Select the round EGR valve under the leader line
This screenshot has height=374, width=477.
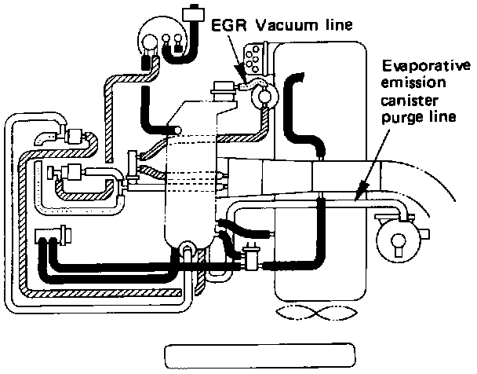pyautogui.click(x=264, y=95)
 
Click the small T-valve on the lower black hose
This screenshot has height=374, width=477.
pyautogui.click(x=253, y=257)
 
